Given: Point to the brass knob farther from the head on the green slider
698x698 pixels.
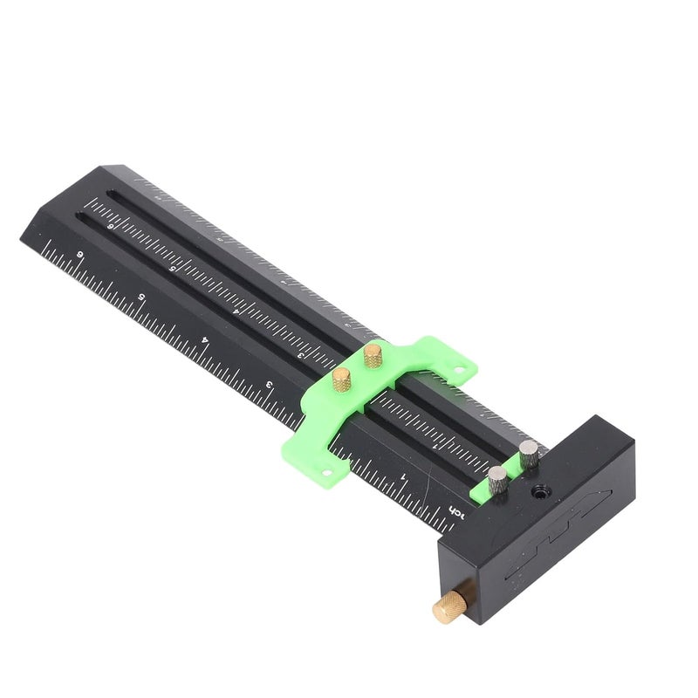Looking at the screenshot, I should (x=373, y=353).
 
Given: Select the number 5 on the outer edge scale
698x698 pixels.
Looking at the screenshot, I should (x=142, y=297).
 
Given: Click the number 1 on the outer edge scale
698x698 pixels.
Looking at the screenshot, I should (x=402, y=476).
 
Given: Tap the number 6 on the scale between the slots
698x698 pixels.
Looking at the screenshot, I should (x=109, y=225).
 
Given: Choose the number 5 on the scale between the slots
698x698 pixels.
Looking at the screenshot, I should (x=174, y=268).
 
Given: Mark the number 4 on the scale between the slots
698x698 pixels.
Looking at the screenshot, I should (x=236, y=309).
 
